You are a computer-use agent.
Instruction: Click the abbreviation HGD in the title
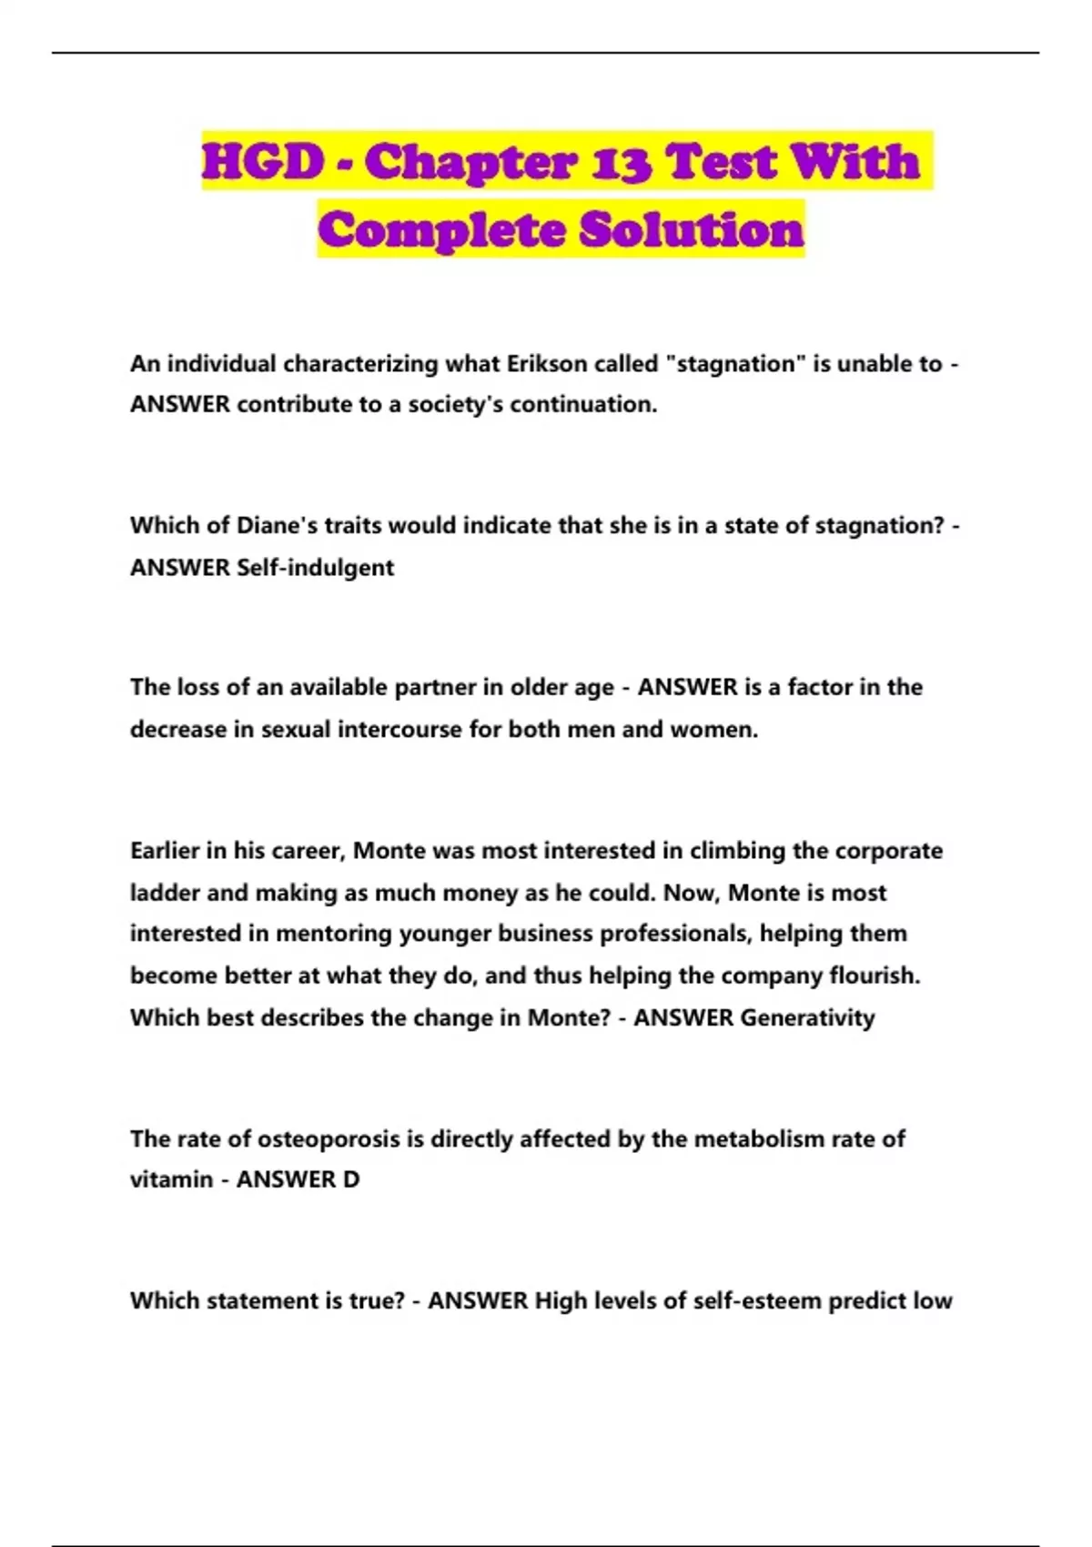[x=263, y=162]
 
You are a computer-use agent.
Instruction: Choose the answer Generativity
[x=807, y=1017]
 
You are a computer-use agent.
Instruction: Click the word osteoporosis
[x=328, y=1139]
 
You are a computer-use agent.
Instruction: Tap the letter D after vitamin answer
[x=350, y=1179]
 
